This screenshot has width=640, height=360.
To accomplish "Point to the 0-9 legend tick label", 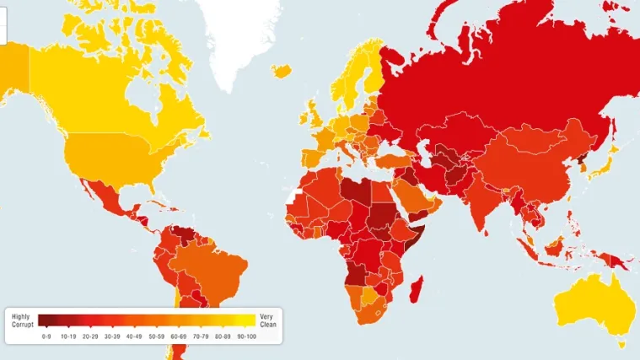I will coord(47,336).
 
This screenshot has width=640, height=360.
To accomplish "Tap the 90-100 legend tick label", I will coord(245,336).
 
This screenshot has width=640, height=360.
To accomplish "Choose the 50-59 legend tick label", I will coord(156,336).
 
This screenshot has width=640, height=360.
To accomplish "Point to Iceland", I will coord(282,71).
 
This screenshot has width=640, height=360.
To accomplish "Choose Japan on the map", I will coord(600,165).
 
